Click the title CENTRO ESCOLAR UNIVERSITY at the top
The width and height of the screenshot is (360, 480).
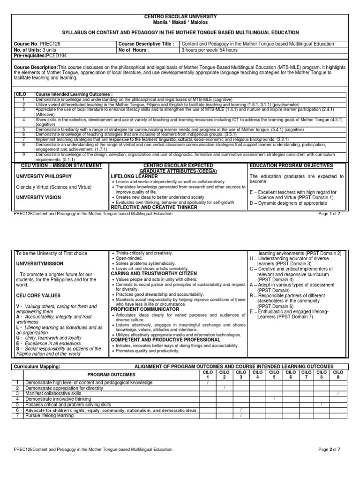click(180, 16)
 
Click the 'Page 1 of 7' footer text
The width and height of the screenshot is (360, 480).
click(331, 214)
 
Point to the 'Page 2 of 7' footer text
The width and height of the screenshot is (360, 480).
click(331, 450)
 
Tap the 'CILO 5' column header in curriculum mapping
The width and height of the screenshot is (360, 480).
click(274, 375)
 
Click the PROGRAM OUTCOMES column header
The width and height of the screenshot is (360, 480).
click(112, 375)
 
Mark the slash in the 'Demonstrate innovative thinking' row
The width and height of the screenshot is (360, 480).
click(274, 399)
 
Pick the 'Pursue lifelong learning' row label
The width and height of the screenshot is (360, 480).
click(50, 415)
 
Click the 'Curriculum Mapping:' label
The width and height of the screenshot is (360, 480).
click(35, 366)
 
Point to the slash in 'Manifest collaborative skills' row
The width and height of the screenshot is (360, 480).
click(337, 394)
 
